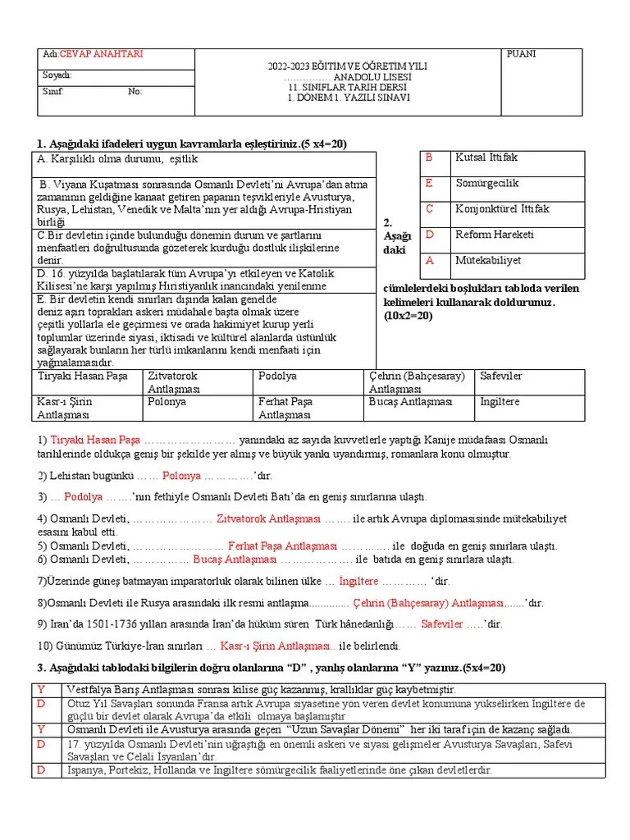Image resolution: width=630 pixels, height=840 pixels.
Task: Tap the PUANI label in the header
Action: click(522, 54)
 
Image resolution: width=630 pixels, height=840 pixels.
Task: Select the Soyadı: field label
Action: click(57, 75)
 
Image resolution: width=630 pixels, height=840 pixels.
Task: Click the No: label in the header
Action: click(135, 91)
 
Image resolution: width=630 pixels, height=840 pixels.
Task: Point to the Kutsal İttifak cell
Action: click(486, 157)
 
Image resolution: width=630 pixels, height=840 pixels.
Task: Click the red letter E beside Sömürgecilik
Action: click(428, 183)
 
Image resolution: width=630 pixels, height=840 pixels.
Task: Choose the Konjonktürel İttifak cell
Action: click(502, 208)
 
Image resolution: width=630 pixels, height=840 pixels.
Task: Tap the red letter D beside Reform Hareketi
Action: click(428, 235)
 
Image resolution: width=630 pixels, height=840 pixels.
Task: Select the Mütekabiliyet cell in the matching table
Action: click(495, 260)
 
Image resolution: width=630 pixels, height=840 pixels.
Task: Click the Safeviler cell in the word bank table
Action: click(501, 376)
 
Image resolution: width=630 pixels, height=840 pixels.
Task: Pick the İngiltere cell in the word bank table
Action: click(500, 402)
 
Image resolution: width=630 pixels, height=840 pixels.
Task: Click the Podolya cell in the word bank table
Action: click(277, 376)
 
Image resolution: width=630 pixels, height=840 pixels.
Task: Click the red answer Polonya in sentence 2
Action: click(181, 475)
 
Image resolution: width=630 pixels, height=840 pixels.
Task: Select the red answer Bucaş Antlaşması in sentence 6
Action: click(235, 559)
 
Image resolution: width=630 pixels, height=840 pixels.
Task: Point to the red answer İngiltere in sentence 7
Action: click(358, 581)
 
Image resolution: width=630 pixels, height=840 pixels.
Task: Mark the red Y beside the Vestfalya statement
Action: click(41, 689)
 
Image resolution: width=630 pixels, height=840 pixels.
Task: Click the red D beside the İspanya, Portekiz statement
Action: click(41, 770)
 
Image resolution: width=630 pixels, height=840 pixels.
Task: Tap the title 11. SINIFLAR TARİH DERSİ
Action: click(349, 87)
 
